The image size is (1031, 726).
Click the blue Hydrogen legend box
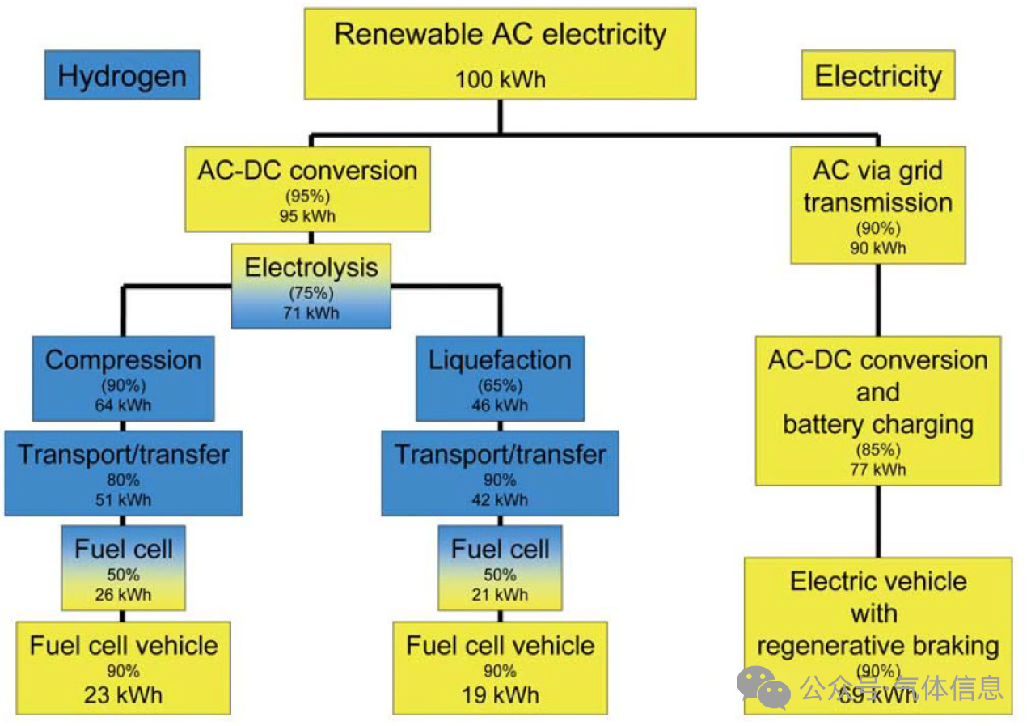tap(122, 76)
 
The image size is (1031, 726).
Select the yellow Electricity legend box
tap(877, 76)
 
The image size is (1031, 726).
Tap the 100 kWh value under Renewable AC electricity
tap(500, 79)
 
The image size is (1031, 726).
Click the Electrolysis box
tap(311, 286)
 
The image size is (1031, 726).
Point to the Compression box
tap(123, 378)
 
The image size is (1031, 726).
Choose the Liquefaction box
tap(500, 378)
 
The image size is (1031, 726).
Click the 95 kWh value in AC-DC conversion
tap(307, 216)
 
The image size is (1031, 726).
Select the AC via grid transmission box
tap(877, 205)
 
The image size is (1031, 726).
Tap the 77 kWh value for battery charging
tap(877, 469)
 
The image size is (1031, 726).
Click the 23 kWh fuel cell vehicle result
tap(123, 694)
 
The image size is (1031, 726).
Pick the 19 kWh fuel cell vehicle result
tap(500, 694)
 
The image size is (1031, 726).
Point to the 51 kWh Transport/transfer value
tap(123, 499)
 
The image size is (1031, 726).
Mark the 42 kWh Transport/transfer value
tap(500, 499)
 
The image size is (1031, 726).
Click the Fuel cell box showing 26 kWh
tap(123, 567)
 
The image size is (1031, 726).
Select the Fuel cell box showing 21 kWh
tap(500, 567)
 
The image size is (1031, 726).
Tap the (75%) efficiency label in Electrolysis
tap(311, 294)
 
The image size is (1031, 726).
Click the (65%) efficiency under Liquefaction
tap(500, 385)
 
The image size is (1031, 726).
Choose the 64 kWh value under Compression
tap(123, 404)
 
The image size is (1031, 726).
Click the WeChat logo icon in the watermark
tap(763, 687)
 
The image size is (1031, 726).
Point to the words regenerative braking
tap(877, 646)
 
